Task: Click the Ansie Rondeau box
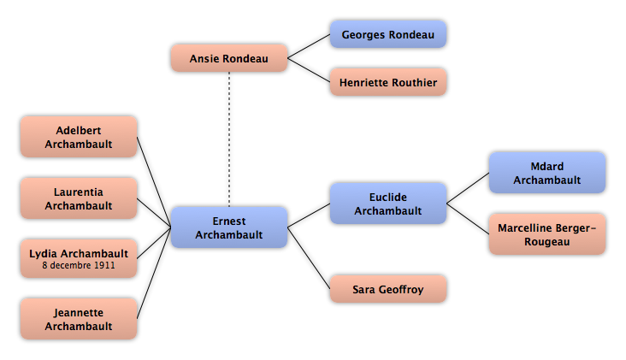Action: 229,58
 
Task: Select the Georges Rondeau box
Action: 388,34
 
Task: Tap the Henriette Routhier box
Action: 388,82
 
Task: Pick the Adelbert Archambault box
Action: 79,137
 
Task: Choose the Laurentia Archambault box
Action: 79,198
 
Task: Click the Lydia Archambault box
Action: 79,258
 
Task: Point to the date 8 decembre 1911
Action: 79,265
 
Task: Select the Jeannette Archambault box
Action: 79,319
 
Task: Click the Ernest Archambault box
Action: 229,227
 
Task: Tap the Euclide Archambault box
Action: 388,204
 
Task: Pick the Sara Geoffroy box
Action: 388,289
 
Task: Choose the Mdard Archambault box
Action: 547,173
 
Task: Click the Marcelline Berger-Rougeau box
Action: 547,234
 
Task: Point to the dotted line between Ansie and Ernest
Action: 229,139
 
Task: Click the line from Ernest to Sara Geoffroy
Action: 309,258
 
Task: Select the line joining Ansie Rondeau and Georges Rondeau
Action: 309,46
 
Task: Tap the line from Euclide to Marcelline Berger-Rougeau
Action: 468,219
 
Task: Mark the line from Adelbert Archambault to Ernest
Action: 154,182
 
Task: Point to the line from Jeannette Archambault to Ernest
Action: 154,274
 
